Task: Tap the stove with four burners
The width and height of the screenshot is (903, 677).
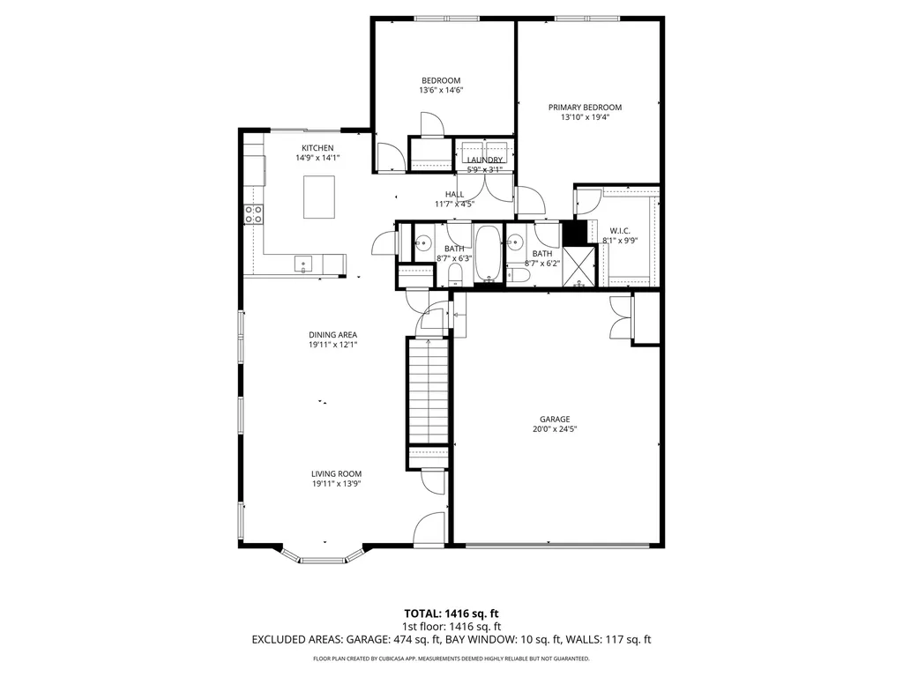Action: point(253,212)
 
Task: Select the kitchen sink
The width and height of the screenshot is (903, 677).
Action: point(302,263)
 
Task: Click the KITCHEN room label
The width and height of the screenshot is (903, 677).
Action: point(317,147)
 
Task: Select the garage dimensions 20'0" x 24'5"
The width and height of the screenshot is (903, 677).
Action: point(555,430)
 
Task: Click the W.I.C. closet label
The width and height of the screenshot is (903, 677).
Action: point(619,230)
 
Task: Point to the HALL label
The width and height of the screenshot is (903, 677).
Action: point(454,194)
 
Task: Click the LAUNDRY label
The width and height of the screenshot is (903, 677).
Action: point(484,160)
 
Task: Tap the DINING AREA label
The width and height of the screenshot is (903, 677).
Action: point(332,334)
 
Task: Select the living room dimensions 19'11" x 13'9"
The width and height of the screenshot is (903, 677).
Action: point(336,484)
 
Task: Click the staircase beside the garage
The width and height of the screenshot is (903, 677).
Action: point(428,392)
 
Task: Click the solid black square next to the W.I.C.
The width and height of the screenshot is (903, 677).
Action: point(574,233)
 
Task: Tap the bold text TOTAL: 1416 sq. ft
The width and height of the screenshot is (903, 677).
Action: point(451,613)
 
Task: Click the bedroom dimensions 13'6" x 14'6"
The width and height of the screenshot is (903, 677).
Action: point(441,90)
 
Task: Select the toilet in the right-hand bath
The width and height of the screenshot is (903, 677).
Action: point(520,276)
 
